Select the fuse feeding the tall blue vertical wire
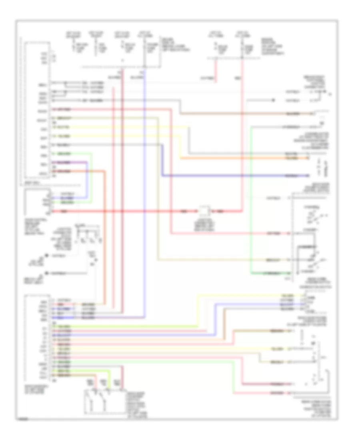(144, 48)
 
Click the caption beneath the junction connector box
(203, 228)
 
